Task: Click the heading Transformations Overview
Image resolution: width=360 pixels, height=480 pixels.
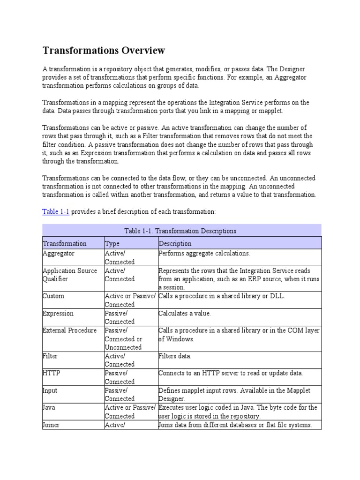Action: [x=104, y=50]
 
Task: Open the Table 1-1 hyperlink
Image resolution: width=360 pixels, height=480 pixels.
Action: [x=56, y=212]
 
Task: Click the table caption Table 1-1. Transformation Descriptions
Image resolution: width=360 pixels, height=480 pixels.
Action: [x=180, y=231]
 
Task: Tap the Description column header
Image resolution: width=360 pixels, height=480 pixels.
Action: [x=175, y=243]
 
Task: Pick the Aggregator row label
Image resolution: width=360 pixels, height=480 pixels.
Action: [x=59, y=254]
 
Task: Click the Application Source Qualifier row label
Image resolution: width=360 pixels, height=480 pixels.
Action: [x=70, y=275]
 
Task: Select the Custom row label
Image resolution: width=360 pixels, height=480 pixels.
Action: [x=53, y=296]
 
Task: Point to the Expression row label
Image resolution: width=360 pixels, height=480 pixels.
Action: [x=58, y=313]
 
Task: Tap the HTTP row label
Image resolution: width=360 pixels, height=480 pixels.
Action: [x=52, y=373]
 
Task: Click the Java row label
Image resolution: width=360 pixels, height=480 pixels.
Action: [x=49, y=407]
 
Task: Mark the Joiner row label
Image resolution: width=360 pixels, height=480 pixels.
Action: [x=51, y=425]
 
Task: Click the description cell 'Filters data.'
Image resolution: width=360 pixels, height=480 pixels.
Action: [x=175, y=356]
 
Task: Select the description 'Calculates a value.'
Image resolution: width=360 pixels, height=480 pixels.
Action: [x=185, y=313]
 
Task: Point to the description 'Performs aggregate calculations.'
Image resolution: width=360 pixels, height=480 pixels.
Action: [x=204, y=254]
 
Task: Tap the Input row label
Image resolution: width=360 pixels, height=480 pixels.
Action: [x=50, y=390]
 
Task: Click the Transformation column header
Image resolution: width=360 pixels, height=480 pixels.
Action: [x=65, y=243]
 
